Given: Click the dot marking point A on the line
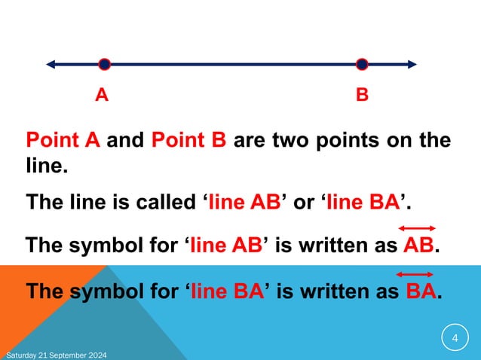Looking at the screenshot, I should coord(104,64).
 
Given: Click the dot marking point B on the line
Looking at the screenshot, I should coord(362,64).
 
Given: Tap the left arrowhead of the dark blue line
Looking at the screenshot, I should coord(51,64).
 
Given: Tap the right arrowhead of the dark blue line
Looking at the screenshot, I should coord(411,64).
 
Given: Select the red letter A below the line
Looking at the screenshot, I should coord(101,96).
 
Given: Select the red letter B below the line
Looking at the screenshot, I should coord(362,96).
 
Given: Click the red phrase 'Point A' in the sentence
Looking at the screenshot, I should coord(63,141).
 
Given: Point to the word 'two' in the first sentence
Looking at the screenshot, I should coord(284,141).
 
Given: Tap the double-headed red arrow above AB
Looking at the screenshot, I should coord(417,228).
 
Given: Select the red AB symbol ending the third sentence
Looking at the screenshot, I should coord(418,247).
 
